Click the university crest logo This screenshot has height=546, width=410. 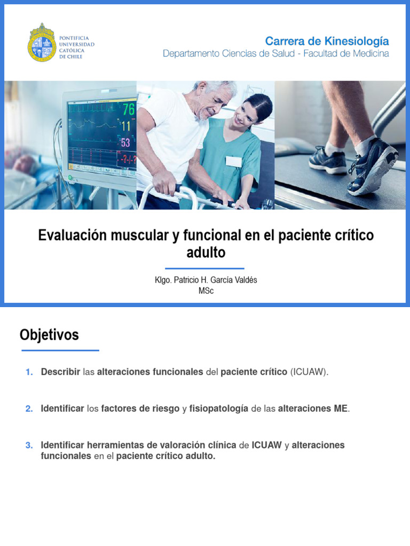[x=41, y=42]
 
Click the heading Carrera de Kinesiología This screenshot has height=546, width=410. [x=327, y=41]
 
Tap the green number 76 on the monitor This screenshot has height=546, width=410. [x=128, y=109]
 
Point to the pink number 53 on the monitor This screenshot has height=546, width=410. [x=126, y=143]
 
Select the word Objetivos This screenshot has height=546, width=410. [x=49, y=335]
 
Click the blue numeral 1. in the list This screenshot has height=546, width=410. [x=29, y=372]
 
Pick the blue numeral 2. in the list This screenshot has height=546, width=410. [x=29, y=409]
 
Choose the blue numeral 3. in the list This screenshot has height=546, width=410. [x=29, y=445]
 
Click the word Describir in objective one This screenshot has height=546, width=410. [x=60, y=372]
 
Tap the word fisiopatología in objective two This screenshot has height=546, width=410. [x=219, y=409]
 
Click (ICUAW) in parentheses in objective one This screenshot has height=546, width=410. [x=309, y=372]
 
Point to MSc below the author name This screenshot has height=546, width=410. [x=206, y=291]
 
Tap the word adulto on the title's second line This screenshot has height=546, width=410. [x=206, y=253]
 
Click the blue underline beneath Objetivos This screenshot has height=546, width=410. [x=60, y=350]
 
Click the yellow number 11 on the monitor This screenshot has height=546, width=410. [x=126, y=126]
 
